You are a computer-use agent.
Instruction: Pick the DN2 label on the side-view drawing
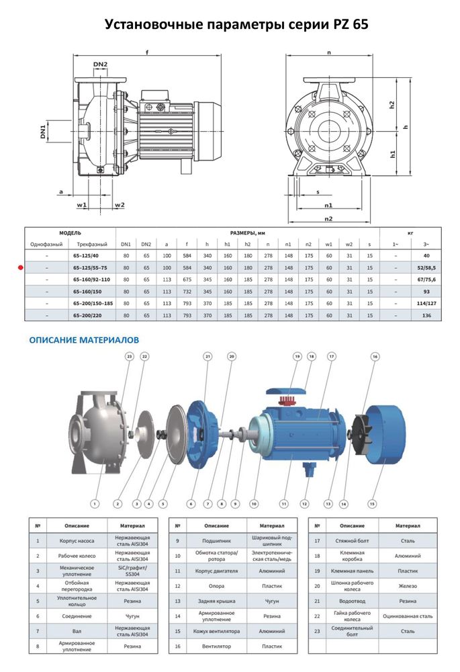[x=100, y=65]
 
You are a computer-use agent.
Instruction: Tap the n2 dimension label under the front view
[x=328, y=218]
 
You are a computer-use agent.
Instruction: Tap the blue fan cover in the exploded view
[x=380, y=433]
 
